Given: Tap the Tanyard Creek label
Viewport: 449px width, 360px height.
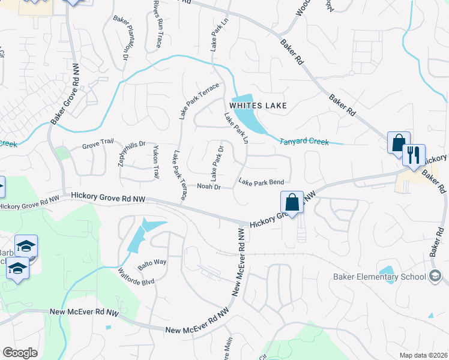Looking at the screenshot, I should point(304,142).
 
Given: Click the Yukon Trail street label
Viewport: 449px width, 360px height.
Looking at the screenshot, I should point(157,162).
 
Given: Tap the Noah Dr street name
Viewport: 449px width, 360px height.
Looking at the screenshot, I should point(209,187).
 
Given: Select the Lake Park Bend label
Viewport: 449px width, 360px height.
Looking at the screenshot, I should point(261,182).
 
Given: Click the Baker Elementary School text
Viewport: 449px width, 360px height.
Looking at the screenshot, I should point(379,277).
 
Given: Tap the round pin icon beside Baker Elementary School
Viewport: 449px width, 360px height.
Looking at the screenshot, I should point(435,276).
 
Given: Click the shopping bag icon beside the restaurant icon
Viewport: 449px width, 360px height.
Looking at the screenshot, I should point(399,143).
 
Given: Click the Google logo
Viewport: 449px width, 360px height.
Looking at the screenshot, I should point(20,353).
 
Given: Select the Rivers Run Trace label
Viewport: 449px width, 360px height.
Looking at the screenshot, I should point(157,25).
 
